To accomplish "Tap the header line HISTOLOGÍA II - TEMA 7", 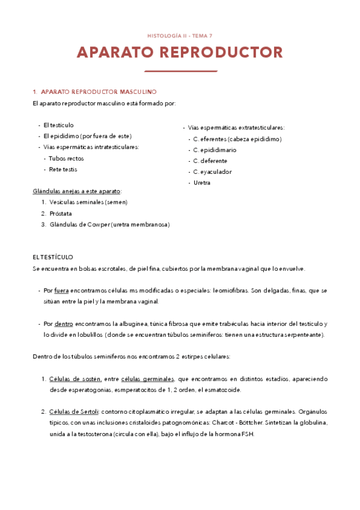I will (x=180, y=36).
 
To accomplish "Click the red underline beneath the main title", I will (x=180, y=71).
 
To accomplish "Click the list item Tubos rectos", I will (x=66, y=158).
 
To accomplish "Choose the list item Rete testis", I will (x=63, y=169).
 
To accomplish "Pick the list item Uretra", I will (x=202, y=182).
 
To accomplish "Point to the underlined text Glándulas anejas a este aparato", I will (x=76, y=191).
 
